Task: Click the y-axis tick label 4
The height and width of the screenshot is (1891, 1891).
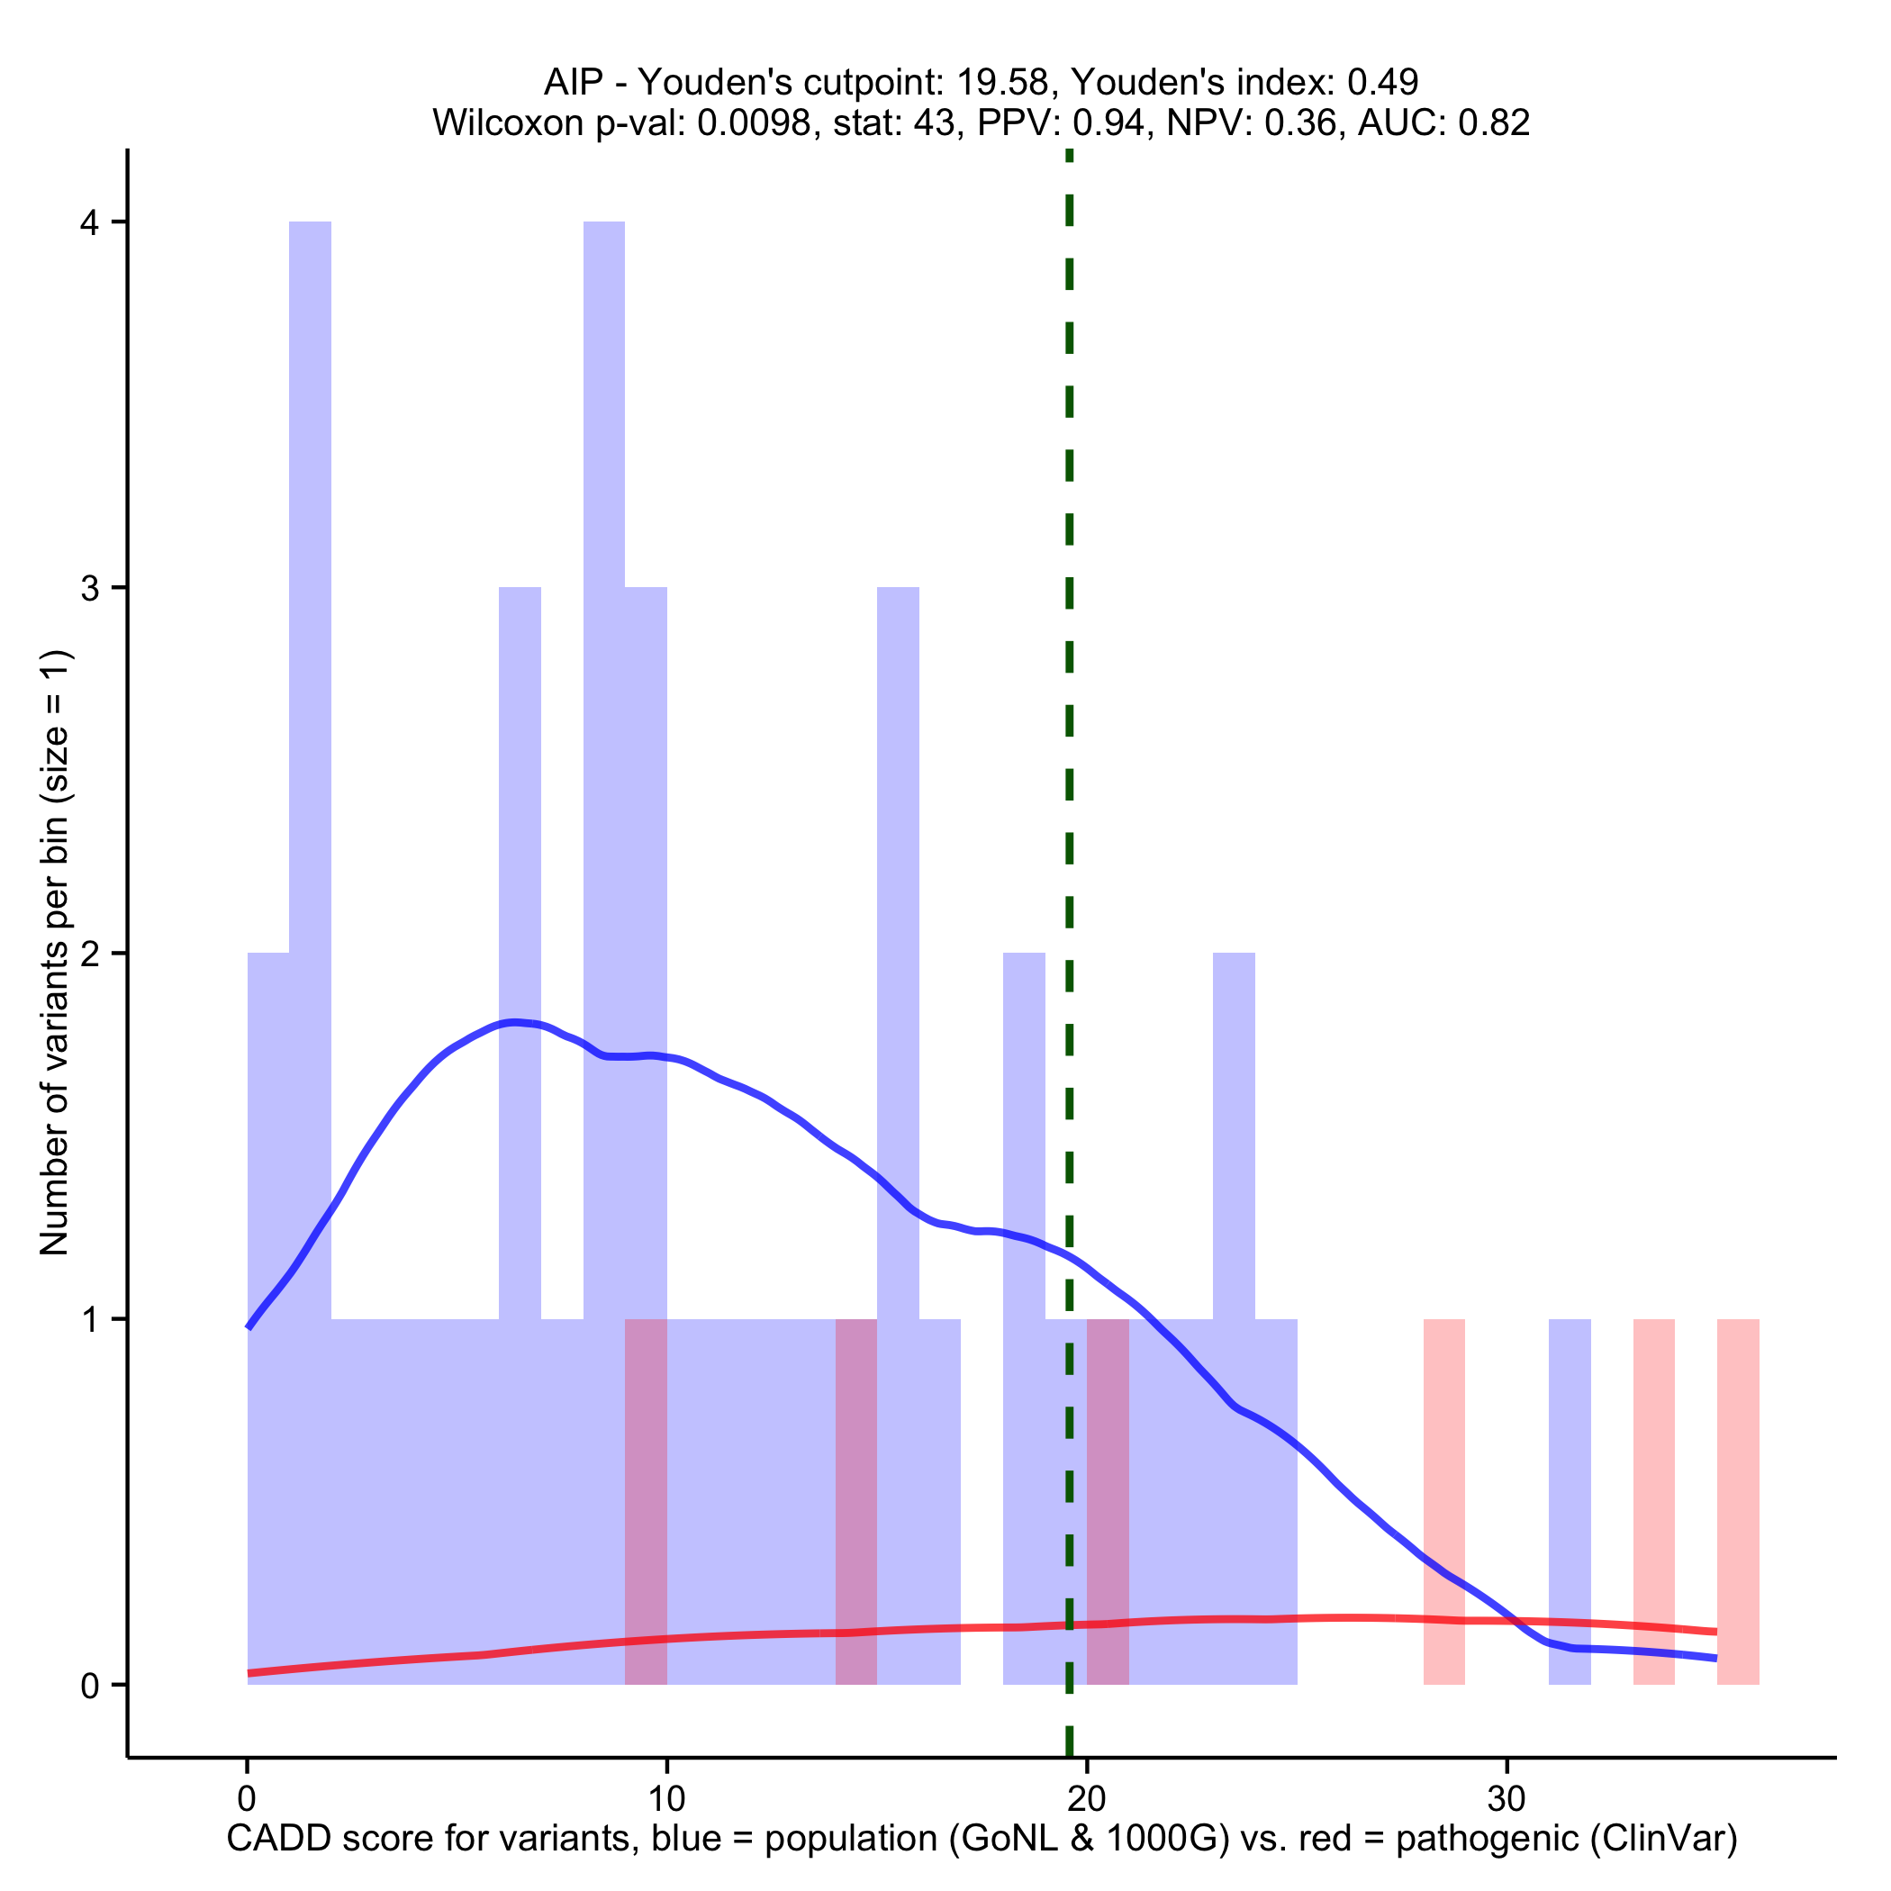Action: pos(90,223)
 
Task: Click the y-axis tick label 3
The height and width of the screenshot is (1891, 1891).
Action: pos(90,588)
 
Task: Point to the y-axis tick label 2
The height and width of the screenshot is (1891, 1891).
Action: pos(90,955)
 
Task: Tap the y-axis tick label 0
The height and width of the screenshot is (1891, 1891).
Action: pos(90,1687)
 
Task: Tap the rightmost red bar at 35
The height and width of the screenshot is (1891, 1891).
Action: pos(1738,1502)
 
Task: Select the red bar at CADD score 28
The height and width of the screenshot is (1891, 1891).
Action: pos(1443,1502)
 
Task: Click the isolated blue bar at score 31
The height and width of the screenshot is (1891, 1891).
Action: pos(1570,1502)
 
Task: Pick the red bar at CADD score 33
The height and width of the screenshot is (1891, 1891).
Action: pos(1654,1502)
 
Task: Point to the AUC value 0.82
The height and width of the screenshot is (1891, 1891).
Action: pos(1494,122)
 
